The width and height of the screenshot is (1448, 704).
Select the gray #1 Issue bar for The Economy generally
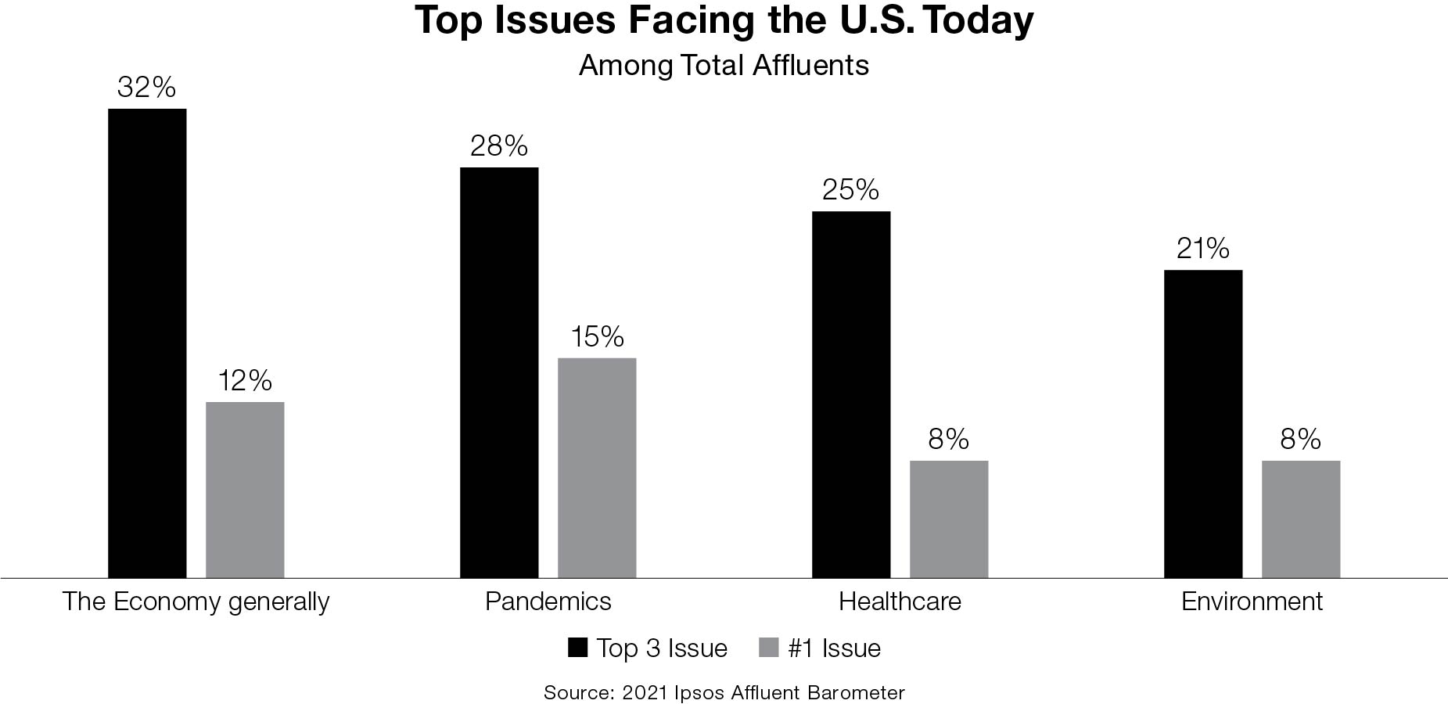click(x=245, y=490)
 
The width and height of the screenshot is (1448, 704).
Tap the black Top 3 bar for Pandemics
click(x=499, y=372)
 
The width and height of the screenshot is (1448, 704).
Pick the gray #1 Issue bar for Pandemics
click(x=597, y=468)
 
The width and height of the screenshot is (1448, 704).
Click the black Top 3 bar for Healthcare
click(x=851, y=394)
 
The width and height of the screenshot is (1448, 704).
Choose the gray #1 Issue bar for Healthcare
click(x=949, y=519)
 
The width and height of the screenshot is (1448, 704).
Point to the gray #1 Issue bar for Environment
click(x=1301, y=519)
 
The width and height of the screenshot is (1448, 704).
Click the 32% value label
click(x=146, y=88)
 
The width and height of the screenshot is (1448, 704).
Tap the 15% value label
click(x=597, y=337)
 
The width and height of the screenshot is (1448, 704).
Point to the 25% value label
click(x=850, y=190)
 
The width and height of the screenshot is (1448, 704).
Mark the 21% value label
click(x=1202, y=249)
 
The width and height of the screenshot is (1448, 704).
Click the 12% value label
click(x=245, y=381)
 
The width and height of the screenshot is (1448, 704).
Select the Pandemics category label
click(x=548, y=602)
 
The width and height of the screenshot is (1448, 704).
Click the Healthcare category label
click(x=900, y=602)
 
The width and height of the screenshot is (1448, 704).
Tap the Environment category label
click(x=1252, y=602)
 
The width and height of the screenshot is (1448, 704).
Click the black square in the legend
click(x=577, y=648)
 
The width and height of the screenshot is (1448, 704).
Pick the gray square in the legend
click(x=770, y=648)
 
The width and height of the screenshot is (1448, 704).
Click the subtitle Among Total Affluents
click(x=724, y=66)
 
